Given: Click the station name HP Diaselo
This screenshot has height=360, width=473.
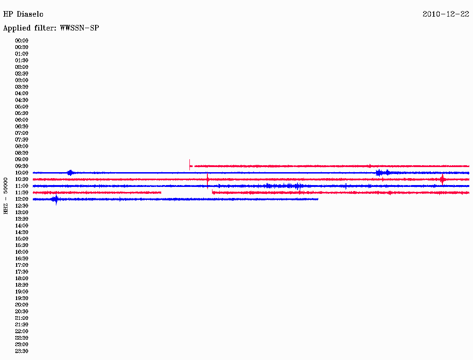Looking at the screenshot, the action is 23,14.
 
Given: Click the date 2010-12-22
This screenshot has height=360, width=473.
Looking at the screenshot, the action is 446,14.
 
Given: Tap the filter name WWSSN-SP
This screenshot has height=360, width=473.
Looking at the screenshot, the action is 79,28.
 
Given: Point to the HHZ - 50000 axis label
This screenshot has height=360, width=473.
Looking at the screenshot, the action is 6,196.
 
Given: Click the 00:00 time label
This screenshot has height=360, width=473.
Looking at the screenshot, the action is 22,41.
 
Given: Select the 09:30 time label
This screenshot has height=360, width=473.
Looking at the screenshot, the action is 22,166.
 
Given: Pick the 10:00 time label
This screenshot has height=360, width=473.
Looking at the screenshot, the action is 22,173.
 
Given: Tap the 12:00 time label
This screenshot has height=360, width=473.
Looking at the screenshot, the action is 22,199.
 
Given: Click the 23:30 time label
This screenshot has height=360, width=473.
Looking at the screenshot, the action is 22,351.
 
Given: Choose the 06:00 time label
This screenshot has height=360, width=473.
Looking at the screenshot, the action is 22,120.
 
